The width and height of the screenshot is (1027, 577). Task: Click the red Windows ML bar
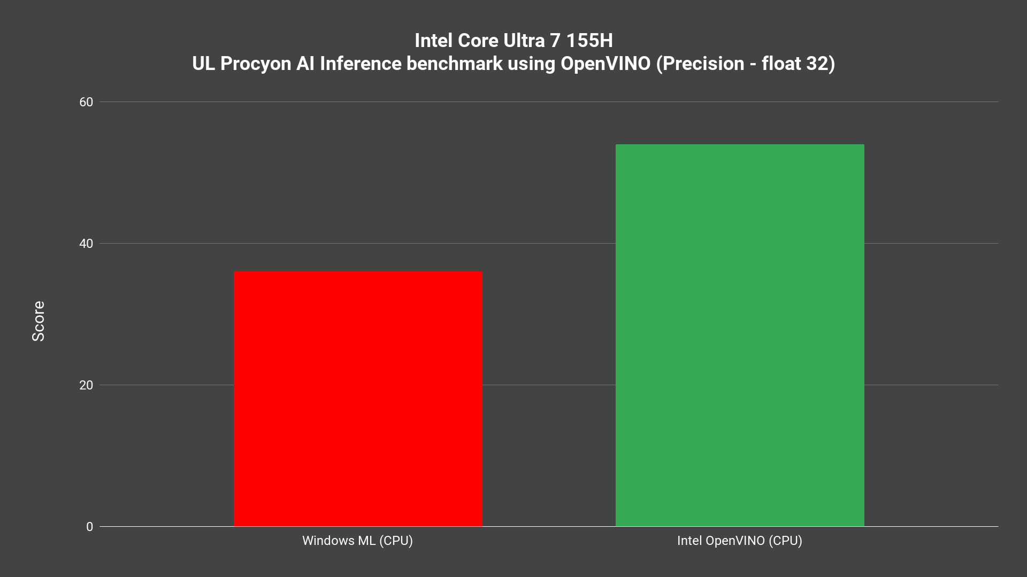point(358,399)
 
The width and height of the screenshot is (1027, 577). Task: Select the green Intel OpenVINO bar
point(740,335)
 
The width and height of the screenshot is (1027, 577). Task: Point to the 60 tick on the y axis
point(86,102)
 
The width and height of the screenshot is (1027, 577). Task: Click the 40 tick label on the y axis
point(86,244)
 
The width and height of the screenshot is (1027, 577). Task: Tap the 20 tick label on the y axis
point(86,385)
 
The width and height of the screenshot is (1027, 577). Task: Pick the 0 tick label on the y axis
point(89,527)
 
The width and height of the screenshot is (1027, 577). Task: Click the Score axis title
point(39,321)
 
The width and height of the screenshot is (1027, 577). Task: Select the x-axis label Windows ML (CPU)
point(357,541)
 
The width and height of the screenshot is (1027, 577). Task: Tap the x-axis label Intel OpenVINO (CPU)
point(739,541)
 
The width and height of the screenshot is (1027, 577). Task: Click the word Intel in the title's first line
point(433,41)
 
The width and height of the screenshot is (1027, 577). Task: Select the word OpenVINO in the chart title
point(605,64)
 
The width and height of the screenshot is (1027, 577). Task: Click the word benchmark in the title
point(454,64)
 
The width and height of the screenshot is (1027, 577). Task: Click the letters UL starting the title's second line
point(203,64)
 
